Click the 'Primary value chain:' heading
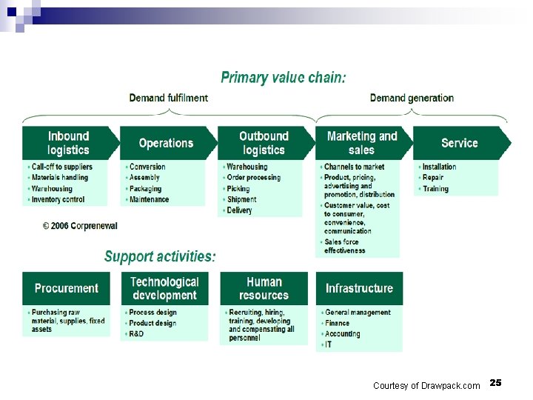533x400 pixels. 283,78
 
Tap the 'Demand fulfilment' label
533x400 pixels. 168,98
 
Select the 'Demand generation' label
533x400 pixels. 412,98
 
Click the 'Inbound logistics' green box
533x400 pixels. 68,143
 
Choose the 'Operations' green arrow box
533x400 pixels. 166,143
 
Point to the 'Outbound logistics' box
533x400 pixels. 264,143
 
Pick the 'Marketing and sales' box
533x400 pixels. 361,143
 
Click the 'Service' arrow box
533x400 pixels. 459,143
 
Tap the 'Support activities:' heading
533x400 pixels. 160,257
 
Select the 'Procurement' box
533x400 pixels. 66,288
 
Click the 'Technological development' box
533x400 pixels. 164,288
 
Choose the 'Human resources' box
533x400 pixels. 264,288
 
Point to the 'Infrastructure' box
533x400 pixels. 359,288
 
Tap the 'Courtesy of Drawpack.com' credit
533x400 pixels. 426,386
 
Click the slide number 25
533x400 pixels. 495,383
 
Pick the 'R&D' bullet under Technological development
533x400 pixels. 136,334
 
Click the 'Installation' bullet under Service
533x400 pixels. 439,167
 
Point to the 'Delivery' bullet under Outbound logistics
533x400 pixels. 239,210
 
